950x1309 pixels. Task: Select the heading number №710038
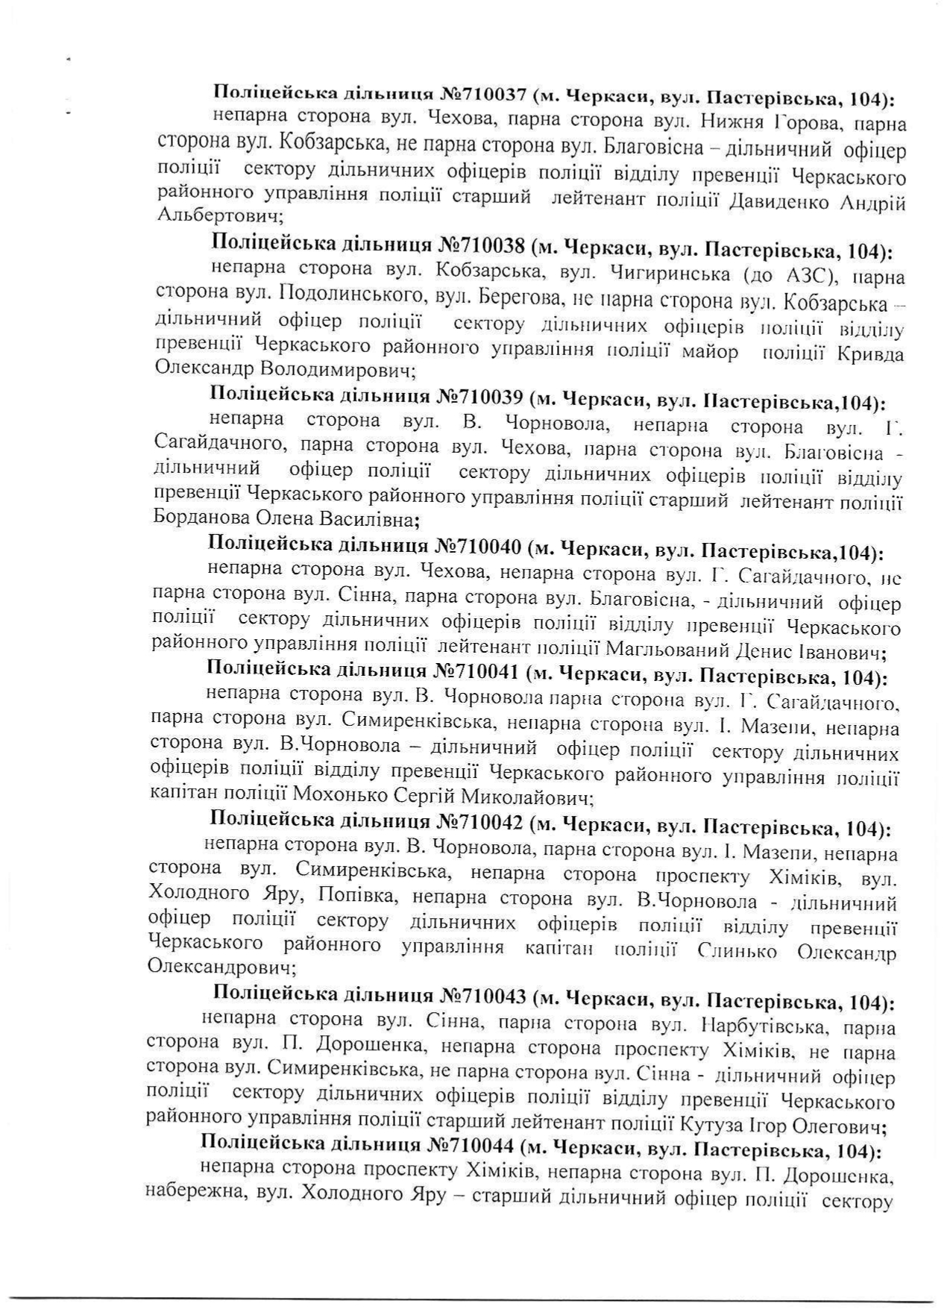pyautogui.click(x=484, y=245)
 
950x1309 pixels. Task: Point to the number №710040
pyautogui.click(x=476, y=549)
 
